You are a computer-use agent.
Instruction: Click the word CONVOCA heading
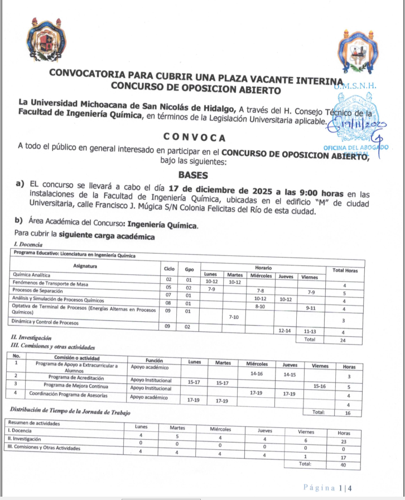click(194, 137)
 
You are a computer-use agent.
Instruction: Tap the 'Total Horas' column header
click(345, 270)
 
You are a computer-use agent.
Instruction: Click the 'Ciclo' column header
click(168, 269)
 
